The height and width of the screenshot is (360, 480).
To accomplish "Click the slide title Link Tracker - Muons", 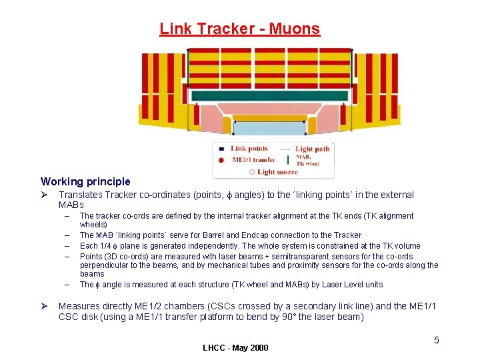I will click(239, 29).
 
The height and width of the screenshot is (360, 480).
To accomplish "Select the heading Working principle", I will click(85, 181).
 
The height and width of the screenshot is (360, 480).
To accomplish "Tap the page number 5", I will click(437, 341).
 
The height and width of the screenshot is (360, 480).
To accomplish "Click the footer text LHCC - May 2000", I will click(235, 348).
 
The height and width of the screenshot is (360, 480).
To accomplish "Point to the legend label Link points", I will click(249, 149).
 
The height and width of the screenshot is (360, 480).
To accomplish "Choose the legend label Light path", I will click(313, 149).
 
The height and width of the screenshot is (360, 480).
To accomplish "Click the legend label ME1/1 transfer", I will click(253, 160).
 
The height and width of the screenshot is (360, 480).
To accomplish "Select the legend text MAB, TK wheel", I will click(308, 160).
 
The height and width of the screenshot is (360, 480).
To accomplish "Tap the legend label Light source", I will click(277, 172).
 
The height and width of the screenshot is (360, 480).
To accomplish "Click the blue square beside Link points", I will click(222, 149).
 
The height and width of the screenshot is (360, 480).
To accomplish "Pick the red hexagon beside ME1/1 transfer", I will click(222, 160).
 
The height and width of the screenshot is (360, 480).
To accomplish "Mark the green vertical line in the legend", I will click(287, 160).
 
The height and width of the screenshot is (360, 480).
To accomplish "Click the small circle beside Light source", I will click(251, 172).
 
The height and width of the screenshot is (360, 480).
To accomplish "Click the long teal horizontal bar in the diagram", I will click(269, 96).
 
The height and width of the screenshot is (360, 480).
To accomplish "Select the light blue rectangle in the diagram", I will click(270, 127).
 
